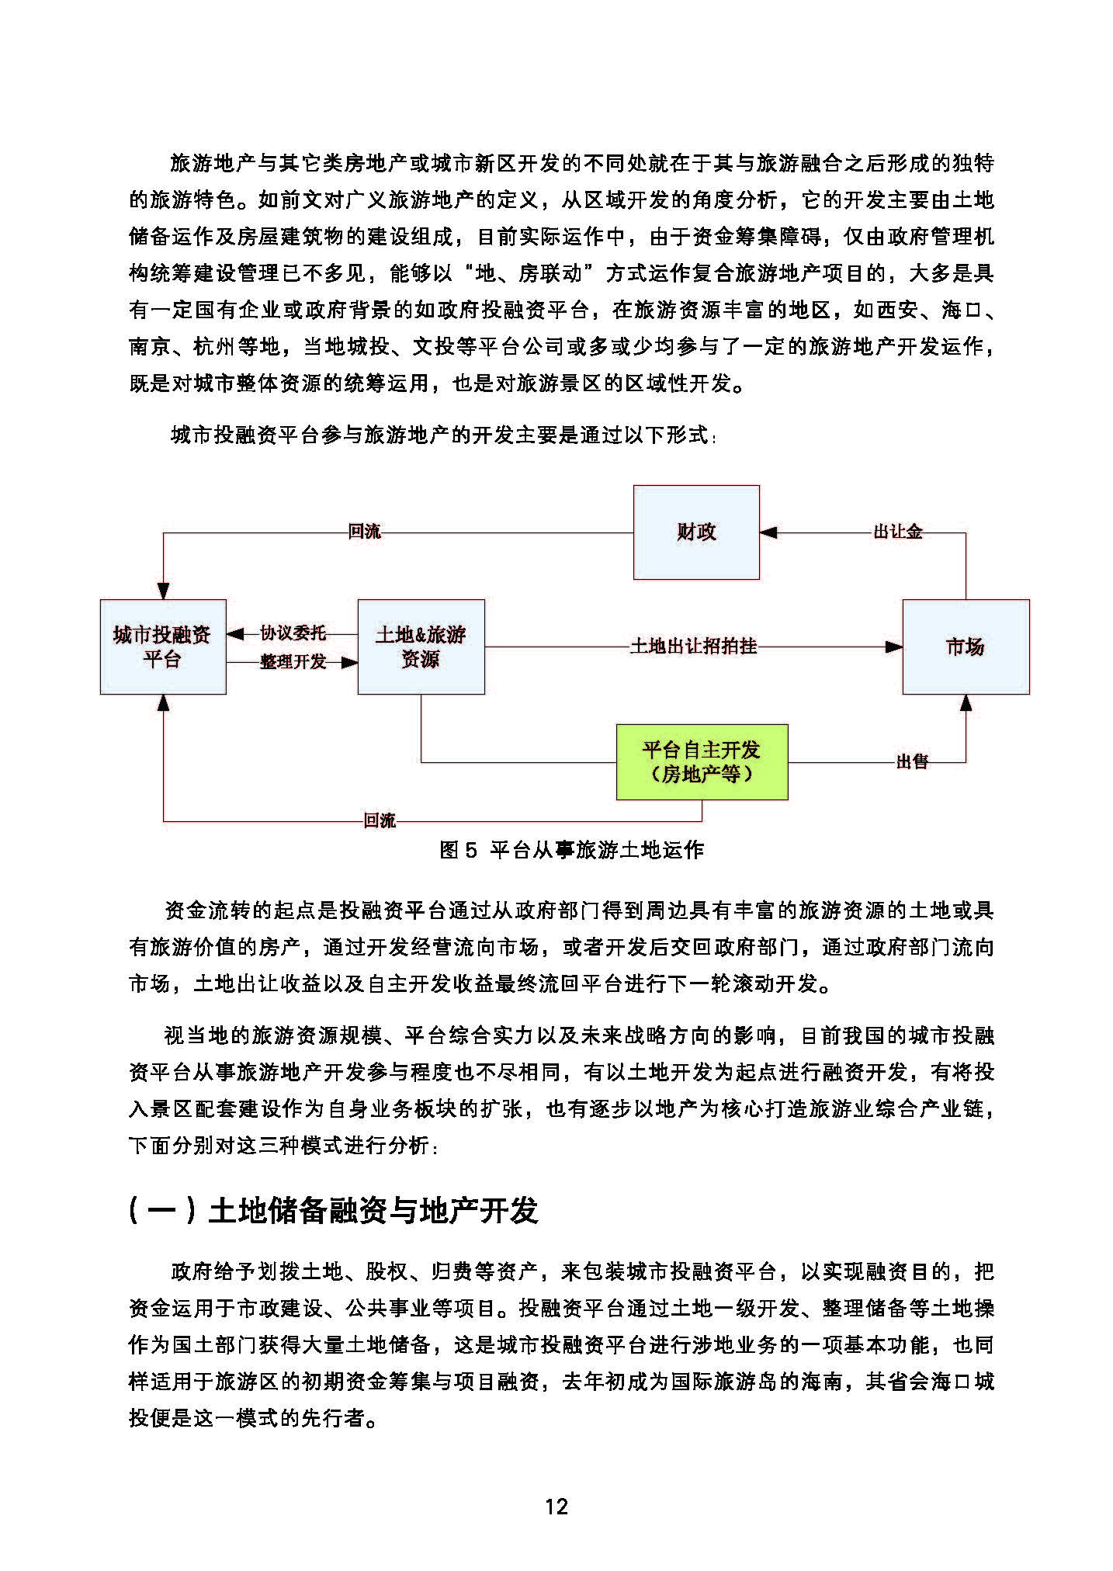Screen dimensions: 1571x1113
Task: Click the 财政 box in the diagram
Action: coord(695,532)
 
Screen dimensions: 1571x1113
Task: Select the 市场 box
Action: coord(965,646)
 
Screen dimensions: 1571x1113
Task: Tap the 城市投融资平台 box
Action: coord(162,646)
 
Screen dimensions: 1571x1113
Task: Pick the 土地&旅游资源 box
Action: coord(421,646)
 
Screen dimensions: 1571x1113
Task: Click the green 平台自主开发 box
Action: coord(702,761)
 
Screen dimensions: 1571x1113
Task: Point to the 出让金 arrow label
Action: coord(897,532)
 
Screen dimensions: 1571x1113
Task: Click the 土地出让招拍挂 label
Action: coord(693,646)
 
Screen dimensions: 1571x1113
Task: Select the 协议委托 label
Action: coord(292,633)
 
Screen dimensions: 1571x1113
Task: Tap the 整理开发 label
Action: coord(292,662)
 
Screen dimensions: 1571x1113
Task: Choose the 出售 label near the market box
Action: coord(912,761)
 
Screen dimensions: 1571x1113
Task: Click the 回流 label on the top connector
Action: coord(364,532)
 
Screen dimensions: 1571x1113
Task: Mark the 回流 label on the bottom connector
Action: coord(380,820)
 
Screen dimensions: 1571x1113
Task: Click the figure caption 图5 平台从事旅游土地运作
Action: coord(571,850)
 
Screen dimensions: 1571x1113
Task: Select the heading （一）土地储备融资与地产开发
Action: coord(333,1210)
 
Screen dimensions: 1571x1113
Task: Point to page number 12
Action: coord(556,1506)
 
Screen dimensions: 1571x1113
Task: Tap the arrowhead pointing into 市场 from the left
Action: coord(894,646)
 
